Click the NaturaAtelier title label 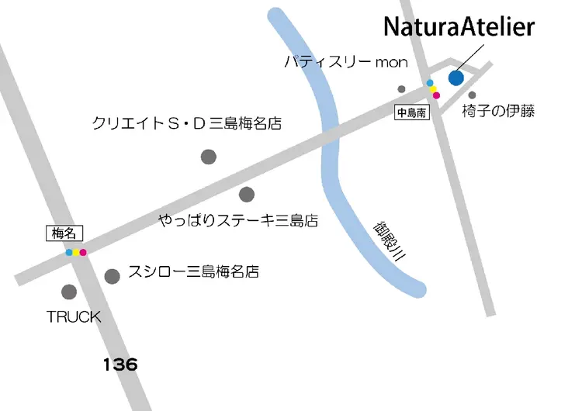pyautogui.click(x=459, y=28)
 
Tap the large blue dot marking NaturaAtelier pyautogui.click(x=456, y=77)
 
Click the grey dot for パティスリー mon pyautogui.click(x=401, y=88)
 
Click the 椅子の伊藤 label pyautogui.click(x=498, y=111)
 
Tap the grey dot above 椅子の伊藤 pyautogui.click(x=472, y=95)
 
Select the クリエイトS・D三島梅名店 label pyautogui.click(x=186, y=123)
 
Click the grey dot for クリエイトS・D pyautogui.click(x=209, y=157)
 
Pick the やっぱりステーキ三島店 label pyautogui.click(x=239, y=221)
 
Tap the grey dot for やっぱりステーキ pyautogui.click(x=247, y=194)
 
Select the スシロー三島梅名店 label pyautogui.click(x=192, y=272)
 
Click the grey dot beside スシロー pyautogui.click(x=113, y=275)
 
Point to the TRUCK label pyautogui.click(x=74, y=316)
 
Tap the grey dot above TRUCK pyautogui.click(x=69, y=292)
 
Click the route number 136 pyautogui.click(x=120, y=364)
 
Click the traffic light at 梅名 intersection pyautogui.click(x=76, y=252)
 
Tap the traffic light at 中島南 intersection pyautogui.click(x=433, y=88)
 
